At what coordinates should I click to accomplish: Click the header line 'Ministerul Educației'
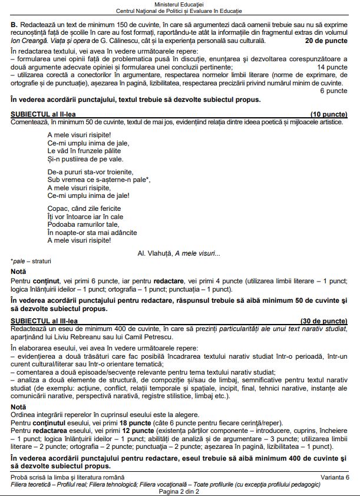click(179, 4)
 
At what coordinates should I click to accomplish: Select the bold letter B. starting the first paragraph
click(14, 27)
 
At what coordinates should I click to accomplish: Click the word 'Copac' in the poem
click(57, 209)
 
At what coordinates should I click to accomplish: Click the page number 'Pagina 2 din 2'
click(179, 491)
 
